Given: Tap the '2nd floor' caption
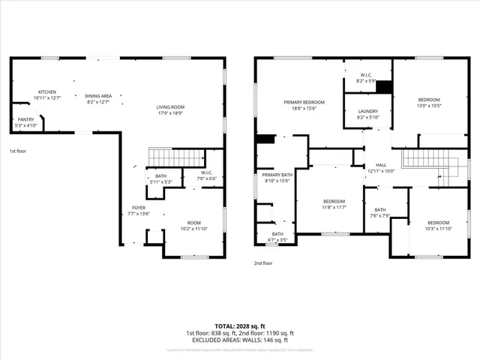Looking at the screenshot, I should click(263, 263).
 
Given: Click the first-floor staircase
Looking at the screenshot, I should click(177, 157).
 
